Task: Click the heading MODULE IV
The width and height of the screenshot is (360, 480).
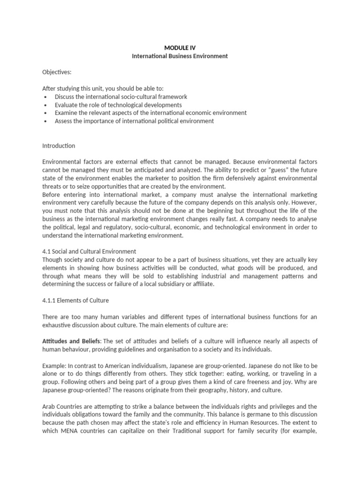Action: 180,47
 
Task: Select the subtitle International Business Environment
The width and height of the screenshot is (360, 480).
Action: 180,56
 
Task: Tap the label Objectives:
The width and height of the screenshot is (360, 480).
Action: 57,72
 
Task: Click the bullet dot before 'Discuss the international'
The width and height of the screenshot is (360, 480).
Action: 45,97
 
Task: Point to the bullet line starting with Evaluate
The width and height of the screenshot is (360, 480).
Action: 118,105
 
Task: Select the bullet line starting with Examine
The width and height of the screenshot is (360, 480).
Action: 150,113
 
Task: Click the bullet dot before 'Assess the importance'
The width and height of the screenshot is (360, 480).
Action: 45,121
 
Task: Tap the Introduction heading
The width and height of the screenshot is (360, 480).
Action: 59,146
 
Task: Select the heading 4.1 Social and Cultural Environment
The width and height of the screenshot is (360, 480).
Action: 89,251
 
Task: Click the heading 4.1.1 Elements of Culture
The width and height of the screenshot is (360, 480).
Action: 75,300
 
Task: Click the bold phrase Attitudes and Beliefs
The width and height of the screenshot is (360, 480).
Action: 71,341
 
